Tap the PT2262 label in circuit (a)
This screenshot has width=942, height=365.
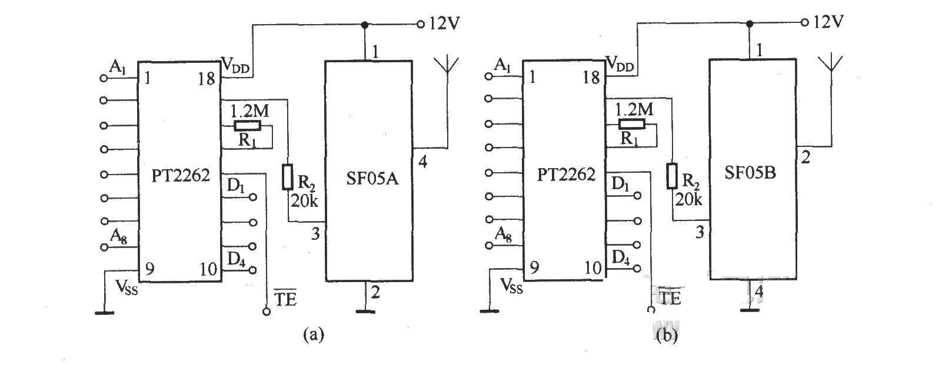[x=181, y=175]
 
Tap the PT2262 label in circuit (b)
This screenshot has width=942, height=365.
[x=566, y=174]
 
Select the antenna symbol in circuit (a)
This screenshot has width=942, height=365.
[x=448, y=68]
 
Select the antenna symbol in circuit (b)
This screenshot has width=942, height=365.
[x=831, y=66]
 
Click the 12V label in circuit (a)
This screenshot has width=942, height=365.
[x=444, y=24]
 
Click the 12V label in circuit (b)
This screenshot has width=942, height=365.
[x=828, y=22]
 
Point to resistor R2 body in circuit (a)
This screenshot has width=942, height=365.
[x=288, y=177]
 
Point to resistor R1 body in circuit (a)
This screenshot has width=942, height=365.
[x=247, y=126]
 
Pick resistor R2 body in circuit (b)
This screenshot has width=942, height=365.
[x=672, y=176]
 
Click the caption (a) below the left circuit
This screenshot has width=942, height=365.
[x=313, y=334]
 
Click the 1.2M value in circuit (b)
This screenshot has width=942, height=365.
[x=633, y=109]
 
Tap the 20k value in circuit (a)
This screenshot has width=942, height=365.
[x=304, y=201]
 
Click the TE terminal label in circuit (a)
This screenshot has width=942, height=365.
[x=284, y=299]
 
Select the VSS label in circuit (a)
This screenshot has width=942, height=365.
[x=127, y=287]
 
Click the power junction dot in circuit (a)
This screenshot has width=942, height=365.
[x=365, y=25]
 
